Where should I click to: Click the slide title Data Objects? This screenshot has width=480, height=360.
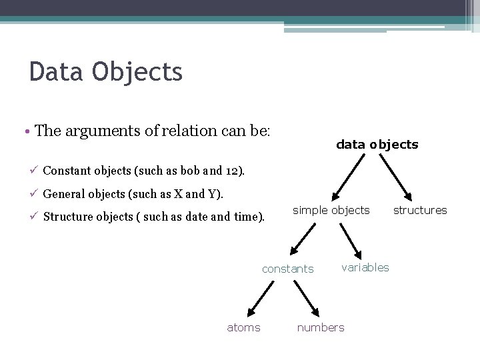105,71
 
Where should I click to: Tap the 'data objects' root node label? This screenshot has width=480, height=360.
377,144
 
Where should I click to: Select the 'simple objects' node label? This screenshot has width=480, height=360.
331,210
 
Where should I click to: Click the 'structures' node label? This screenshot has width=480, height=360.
420,210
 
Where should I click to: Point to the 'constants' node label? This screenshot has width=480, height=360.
287,269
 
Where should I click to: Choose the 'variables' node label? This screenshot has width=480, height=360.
365,267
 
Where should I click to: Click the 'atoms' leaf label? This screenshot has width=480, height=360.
243,327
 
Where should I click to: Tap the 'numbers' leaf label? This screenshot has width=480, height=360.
321,327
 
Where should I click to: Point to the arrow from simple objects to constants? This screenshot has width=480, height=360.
303,238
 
